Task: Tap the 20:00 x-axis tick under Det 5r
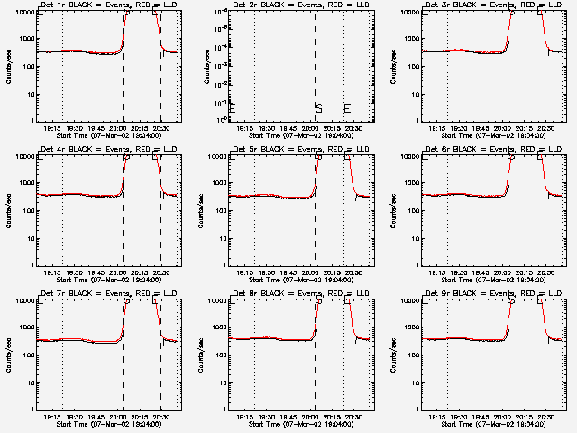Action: point(310,272)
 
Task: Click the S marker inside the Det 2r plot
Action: point(319,108)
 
